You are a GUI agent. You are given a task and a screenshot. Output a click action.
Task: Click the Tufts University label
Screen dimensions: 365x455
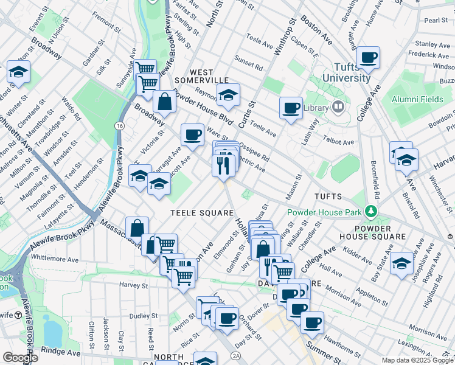[x=346, y=72]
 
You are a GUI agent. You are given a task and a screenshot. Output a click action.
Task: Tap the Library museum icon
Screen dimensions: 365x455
[x=339, y=108]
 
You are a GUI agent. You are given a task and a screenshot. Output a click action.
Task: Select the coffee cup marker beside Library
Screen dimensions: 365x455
[x=291, y=108]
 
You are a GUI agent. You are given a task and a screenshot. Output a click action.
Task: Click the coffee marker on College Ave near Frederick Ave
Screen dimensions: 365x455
[x=368, y=58]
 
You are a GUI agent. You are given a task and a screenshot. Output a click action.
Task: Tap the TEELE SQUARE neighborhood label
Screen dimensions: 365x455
[x=202, y=212]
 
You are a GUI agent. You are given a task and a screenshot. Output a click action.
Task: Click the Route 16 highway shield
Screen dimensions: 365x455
[x=119, y=125]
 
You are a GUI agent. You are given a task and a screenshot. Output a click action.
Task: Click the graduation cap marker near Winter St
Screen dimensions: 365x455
[x=19, y=73]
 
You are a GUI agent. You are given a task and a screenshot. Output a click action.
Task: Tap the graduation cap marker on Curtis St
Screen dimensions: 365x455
[x=228, y=96]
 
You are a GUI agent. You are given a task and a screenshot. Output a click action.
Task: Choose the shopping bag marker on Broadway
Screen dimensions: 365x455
[x=165, y=102]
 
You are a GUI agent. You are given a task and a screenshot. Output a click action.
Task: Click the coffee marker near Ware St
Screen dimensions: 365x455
[x=192, y=135]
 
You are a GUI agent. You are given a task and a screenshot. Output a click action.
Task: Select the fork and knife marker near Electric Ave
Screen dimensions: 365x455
[x=223, y=164]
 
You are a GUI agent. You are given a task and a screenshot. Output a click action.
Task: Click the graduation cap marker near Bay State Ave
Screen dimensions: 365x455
[x=402, y=263]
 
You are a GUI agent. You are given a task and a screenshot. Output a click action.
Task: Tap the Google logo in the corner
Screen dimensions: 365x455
[x=20, y=358]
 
